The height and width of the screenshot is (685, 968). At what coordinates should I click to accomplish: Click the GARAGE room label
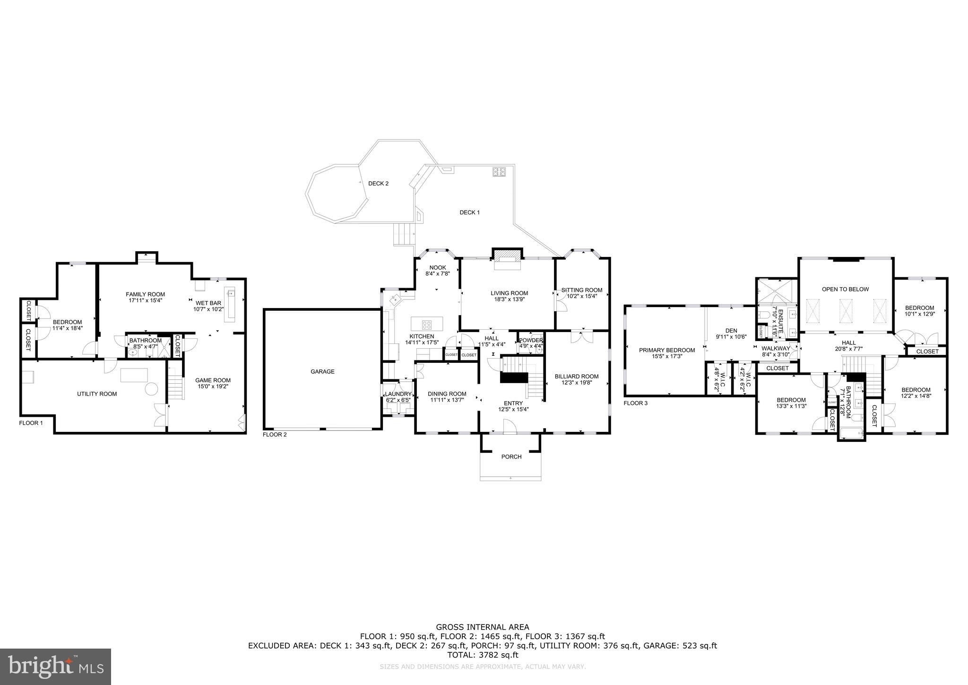coord(322,372)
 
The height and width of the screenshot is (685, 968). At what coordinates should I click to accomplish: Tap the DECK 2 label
coord(378,184)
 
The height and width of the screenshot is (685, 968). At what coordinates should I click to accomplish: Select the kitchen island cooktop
coord(426,325)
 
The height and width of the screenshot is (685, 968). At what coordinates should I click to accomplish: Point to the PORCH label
coord(511,457)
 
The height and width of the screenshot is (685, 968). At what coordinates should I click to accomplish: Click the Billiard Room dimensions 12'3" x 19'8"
coord(576,383)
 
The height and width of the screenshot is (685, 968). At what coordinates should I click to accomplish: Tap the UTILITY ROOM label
coord(97,394)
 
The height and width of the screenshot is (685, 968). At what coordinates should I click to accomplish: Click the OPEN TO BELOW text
coord(845,289)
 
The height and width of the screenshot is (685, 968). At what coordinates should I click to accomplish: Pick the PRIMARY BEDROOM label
coord(667,350)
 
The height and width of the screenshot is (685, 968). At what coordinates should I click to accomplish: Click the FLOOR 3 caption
coord(636,403)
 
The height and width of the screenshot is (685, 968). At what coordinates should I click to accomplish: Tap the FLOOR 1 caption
coord(31,423)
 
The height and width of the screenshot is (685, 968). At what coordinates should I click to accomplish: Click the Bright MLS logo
coord(56,667)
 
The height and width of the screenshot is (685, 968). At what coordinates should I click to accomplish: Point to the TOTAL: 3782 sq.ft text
coord(483,655)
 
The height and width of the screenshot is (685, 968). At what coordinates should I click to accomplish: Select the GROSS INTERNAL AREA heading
coord(483,628)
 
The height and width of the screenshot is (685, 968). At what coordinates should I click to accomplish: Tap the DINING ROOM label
coord(447,394)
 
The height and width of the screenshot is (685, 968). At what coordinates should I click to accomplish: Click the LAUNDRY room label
coord(398,394)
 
